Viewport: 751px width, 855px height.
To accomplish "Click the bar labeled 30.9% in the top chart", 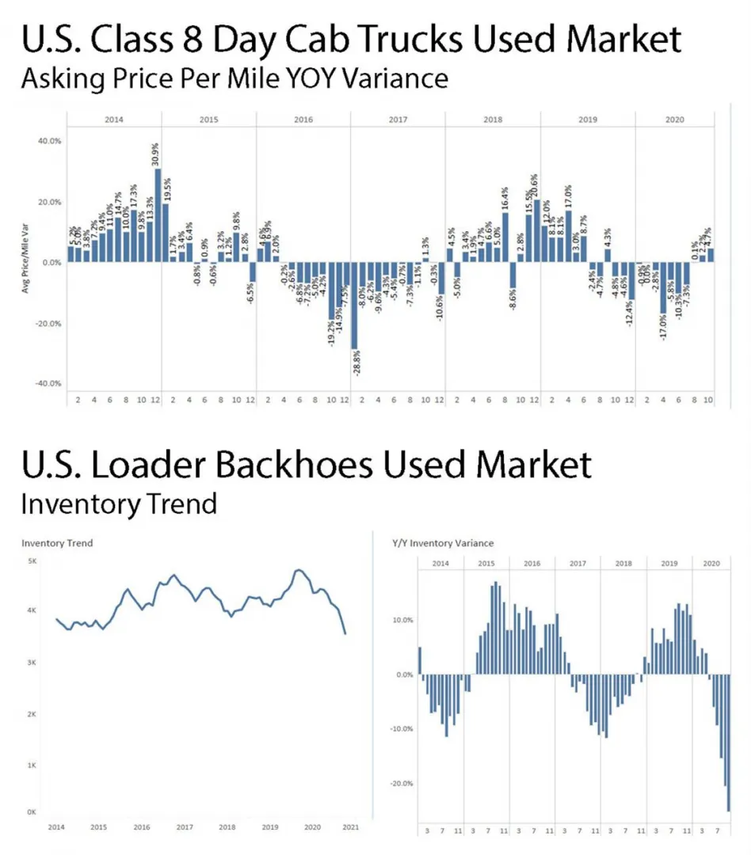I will [x=158, y=215].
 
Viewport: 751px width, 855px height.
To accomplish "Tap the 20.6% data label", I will [x=535, y=186].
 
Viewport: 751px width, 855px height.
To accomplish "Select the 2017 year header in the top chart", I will [x=398, y=120].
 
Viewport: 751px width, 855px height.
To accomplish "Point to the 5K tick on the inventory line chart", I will [x=32, y=560].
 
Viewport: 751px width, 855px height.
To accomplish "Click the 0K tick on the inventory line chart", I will [x=32, y=812].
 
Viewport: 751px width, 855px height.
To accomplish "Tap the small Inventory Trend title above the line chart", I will [x=57, y=543].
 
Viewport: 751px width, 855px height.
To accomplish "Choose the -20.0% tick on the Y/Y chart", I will [x=404, y=783].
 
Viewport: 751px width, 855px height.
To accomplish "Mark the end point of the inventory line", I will [x=345, y=633].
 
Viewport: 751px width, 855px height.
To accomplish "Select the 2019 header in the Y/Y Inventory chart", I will [x=669, y=563].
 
